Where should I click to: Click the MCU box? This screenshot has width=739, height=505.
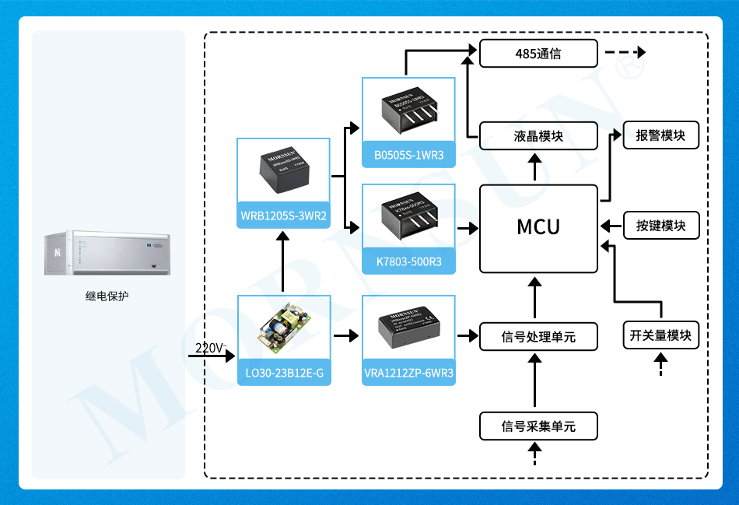[x=538, y=228]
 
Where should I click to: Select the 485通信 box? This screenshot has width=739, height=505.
[x=538, y=54]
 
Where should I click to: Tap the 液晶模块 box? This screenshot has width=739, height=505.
[x=538, y=136]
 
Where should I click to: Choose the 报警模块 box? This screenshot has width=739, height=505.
[x=661, y=135]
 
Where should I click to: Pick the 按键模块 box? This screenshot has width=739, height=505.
[x=661, y=226]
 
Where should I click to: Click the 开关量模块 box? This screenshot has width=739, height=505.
[x=660, y=335]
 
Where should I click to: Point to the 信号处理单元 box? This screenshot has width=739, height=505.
[x=538, y=337]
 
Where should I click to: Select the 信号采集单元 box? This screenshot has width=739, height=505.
[x=538, y=426]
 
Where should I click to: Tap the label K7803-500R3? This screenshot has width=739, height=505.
[x=408, y=261]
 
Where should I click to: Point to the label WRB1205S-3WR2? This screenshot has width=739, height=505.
[x=283, y=216]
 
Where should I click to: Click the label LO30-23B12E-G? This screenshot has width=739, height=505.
[x=283, y=374]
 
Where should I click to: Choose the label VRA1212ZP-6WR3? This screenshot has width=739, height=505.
[x=408, y=374]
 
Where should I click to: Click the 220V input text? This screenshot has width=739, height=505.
[x=210, y=347]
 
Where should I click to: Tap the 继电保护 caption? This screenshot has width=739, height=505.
[x=107, y=296]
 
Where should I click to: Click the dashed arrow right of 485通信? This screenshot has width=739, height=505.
[x=625, y=54]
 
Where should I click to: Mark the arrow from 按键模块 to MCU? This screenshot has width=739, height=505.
[x=611, y=226]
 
